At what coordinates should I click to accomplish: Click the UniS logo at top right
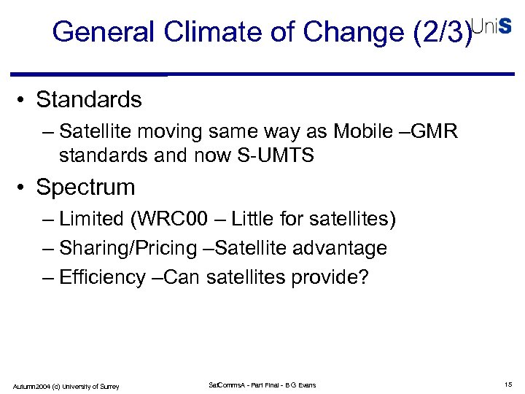point(491,26)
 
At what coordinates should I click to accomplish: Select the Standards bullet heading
point(89,98)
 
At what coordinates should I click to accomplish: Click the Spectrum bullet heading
point(85,187)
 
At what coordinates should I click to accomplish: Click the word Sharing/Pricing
point(128,248)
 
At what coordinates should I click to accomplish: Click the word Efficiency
point(103,277)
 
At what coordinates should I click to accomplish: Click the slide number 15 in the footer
point(507,385)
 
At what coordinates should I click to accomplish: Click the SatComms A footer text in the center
point(262,385)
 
